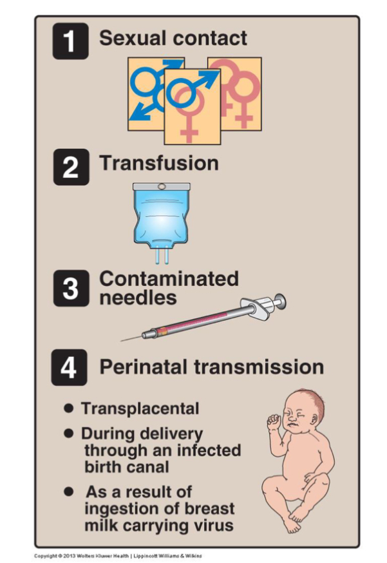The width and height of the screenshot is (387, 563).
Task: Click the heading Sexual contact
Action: [173, 38]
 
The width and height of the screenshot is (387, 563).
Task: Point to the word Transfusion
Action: [158, 163]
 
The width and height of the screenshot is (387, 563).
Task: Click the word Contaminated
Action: [169, 279]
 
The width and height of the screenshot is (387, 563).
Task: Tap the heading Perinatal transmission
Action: [211, 367]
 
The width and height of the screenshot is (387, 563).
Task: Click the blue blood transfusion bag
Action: [161, 219]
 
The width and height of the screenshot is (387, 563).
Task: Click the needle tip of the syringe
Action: [124, 339]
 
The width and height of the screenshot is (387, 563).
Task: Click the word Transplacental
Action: [140, 408]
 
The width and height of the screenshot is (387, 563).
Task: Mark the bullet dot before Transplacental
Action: [68, 408]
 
